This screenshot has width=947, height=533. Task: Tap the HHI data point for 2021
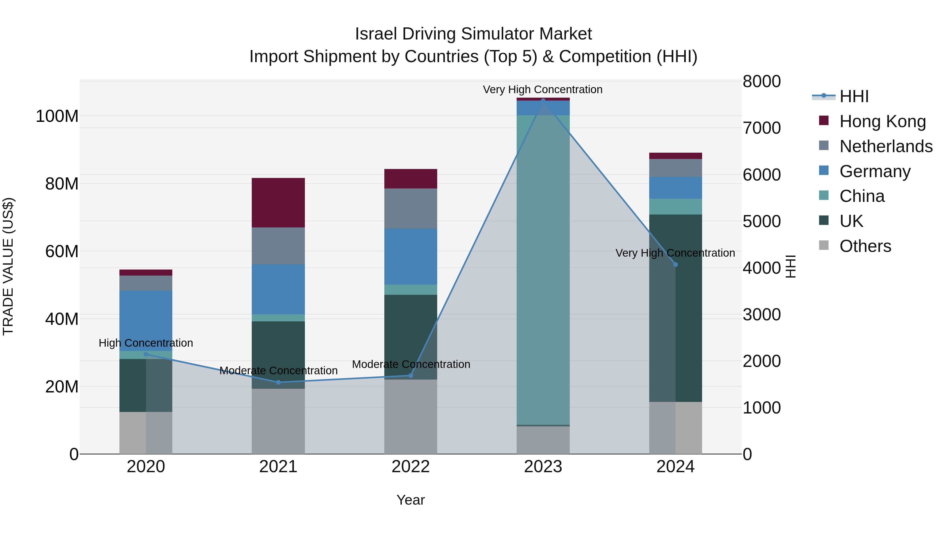(278, 382)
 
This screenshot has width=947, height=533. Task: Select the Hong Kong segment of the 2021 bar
(278, 203)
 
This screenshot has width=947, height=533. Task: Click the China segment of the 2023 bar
(543, 270)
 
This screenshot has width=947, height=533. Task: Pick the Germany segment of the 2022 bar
(411, 256)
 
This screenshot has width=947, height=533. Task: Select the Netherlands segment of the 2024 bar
(675, 168)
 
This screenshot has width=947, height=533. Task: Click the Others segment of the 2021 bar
(278, 421)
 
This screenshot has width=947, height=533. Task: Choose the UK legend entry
(851, 221)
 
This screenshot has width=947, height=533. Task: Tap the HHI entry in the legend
(854, 96)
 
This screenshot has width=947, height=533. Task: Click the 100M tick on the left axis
(57, 116)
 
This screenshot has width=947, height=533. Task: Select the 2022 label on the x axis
(411, 467)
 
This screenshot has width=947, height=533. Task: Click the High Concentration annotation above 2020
(146, 343)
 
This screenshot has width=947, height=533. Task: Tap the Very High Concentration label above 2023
(543, 89)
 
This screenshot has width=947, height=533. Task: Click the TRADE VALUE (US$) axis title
(8, 266)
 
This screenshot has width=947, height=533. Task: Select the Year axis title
(411, 500)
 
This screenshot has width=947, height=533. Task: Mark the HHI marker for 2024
(675, 265)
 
